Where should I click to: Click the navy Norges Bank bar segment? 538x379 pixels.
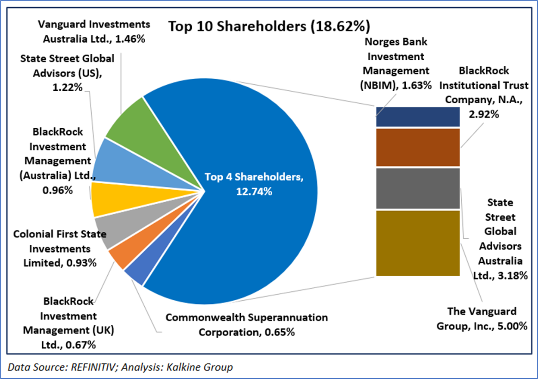pyautogui.click(x=417, y=117)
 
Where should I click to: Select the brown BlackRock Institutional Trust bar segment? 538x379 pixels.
pyautogui.click(x=417, y=147)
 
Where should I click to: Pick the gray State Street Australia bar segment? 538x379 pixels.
pyautogui.click(x=417, y=188)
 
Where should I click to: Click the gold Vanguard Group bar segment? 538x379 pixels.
pyautogui.click(x=417, y=243)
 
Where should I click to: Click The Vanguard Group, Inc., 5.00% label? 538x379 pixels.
pyautogui.click(x=482, y=318)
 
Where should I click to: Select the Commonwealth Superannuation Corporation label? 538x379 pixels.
pyautogui.click(x=246, y=324)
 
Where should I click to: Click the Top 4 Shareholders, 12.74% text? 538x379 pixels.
pyautogui.click(x=254, y=184)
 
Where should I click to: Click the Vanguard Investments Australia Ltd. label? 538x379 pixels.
pyautogui.click(x=93, y=31)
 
